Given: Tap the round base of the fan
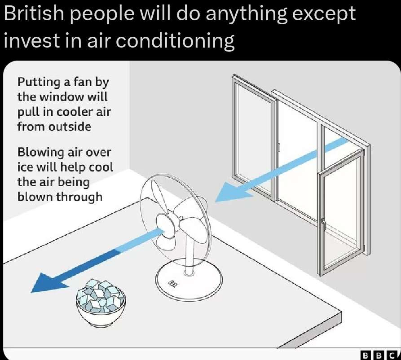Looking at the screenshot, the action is [189, 280].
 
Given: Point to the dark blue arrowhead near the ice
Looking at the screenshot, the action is [48, 282].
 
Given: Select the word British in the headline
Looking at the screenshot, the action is [34, 13].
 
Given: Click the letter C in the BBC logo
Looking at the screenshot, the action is [392, 355].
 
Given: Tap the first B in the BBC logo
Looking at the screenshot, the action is [366, 355].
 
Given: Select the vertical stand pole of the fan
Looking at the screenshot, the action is [189, 253].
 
